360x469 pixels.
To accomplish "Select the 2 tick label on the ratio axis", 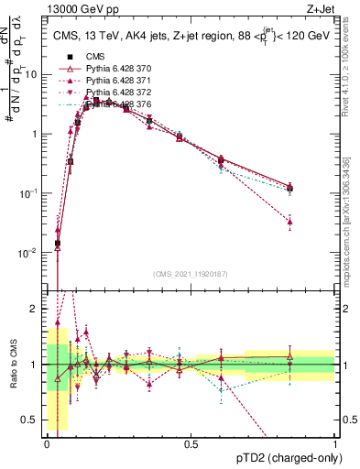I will (x=35, y=309).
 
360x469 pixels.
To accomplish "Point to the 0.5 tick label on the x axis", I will (x=191, y=444).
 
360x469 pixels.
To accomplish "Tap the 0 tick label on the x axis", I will (x=48, y=444).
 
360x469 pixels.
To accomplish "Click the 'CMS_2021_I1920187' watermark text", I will (x=191, y=274).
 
